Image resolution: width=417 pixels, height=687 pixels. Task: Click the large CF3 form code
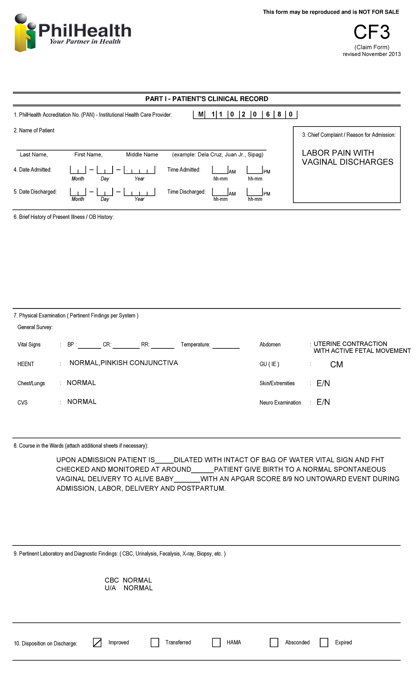pyautogui.click(x=371, y=32)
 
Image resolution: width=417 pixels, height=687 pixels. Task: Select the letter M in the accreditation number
pyautogui.click(x=201, y=114)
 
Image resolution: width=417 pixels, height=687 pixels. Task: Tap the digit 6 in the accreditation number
pyautogui.click(x=268, y=114)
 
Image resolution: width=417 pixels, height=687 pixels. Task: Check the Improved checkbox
pyautogui.click(x=97, y=642)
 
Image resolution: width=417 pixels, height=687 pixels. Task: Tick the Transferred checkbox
pyautogui.click(x=155, y=642)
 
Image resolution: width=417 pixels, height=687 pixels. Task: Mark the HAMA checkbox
pyautogui.click(x=216, y=642)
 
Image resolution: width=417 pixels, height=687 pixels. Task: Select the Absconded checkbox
pyautogui.click(x=274, y=642)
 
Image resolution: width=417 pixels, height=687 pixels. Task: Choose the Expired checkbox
pyautogui.click(x=324, y=642)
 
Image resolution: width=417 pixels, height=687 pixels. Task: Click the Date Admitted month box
pyautogui.click(x=78, y=170)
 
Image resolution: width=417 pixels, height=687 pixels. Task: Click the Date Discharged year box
pyautogui.click(x=139, y=192)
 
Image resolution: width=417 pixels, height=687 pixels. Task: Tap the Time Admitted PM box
pyautogui.click(x=255, y=170)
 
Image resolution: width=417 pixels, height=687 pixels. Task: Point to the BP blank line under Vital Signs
pyautogui.click(x=89, y=346)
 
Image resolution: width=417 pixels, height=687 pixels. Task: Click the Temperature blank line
pyautogui.click(x=226, y=346)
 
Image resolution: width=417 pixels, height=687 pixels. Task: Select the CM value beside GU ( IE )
pyautogui.click(x=336, y=364)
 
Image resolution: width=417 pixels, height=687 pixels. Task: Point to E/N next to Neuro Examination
pyautogui.click(x=323, y=402)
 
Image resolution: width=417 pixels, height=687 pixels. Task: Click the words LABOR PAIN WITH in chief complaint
pyautogui.click(x=338, y=153)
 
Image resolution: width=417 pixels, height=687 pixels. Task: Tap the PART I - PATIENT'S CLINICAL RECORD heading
pyautogui.click(x=207, y=99)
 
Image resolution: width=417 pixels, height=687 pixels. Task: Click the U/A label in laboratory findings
pyautogui.click(x=111, y=588)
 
